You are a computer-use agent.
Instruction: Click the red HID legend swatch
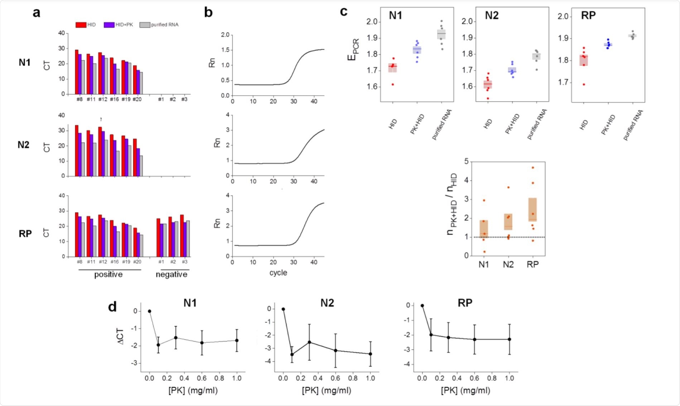tap(81, 25)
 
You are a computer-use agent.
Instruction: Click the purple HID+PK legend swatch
tap(109, 25)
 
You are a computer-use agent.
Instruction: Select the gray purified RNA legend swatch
tap(145, 25)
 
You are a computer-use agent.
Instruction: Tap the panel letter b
tap(208, 13)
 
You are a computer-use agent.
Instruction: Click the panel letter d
tap(112, 307)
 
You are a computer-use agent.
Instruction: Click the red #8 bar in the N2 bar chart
tap(77, 151)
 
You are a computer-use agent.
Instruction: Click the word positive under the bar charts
tap(108, 274)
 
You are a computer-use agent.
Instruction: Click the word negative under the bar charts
tap(171, 274)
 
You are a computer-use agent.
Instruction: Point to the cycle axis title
tap(278, 273)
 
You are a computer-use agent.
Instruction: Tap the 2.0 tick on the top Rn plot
tap(225, 35)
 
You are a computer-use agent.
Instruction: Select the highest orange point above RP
tap(533, 167)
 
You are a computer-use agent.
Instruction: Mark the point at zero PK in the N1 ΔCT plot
tap(150, 311)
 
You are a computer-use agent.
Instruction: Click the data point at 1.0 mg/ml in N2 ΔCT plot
tap(370, 354)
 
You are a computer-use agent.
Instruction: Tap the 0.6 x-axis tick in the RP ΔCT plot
tap(474, 378)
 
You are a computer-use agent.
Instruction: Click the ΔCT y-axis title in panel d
tap(121, 336)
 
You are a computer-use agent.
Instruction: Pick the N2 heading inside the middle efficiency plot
tap(492, 15)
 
